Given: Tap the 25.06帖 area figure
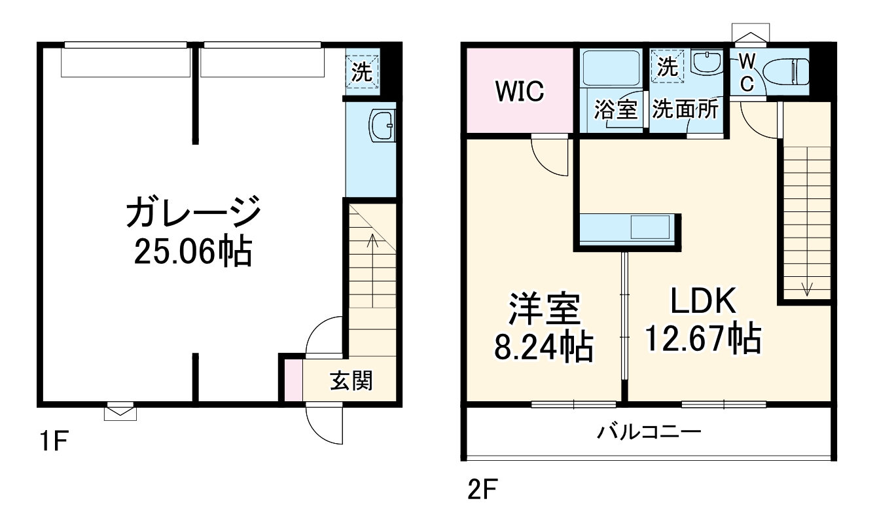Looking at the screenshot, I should pyautogui.click(x=193, y=251).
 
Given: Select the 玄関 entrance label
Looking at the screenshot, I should pyautogui.click(x=350, y=380).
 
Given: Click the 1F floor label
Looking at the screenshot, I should pyautogui.click(x=52, y=443).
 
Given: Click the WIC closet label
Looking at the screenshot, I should pyautogui.click(x=519, y=92).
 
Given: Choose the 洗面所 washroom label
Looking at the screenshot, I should pyautogui.click(x=685, y=109).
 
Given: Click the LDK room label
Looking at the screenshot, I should pyautogui.click(x=703, y=301).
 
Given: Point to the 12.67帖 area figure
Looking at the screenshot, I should pyautogui.click(x=703, y=338).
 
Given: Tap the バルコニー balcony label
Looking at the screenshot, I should pyautogui.click(x=649, y=432).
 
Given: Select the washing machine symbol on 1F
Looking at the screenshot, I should pyautogui.click(x=362, y=72).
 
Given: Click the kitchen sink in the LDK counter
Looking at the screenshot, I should pyautogui.click(x=650, y=228).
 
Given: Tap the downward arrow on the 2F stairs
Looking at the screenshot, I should pyautogui.click(x=806, y=287).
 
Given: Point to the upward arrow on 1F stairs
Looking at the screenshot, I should pyautogui.click(x=372, y=242).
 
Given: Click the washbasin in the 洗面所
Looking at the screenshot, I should pyautogui.click(x=706, y=63).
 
